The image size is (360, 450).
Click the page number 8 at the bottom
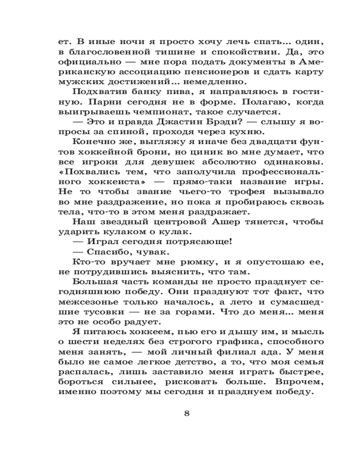tap(187, 414)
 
